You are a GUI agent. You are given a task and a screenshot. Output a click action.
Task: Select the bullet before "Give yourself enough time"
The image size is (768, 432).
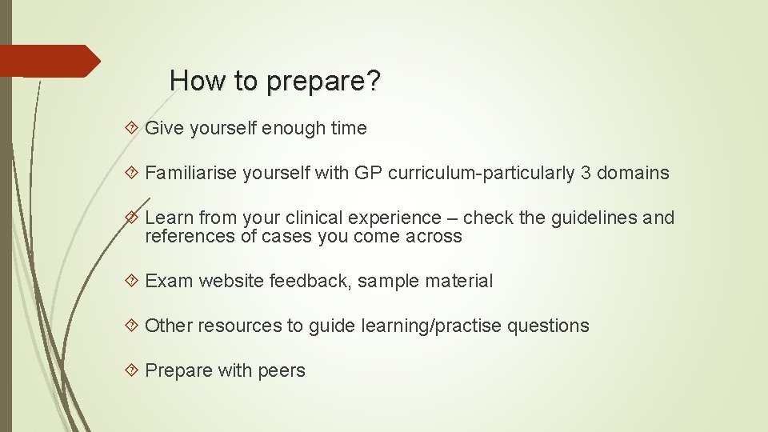point(133,128)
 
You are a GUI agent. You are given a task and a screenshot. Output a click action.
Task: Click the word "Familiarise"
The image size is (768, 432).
point(193,173)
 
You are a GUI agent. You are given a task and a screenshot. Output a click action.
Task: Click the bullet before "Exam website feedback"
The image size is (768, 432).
point(133,281)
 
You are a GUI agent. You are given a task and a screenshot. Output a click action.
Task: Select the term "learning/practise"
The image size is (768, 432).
point(431,326)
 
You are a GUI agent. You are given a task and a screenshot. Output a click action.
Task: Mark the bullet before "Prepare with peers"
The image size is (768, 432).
point(133,370)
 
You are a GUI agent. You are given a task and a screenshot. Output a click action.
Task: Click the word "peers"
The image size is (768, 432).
point(282,371)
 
